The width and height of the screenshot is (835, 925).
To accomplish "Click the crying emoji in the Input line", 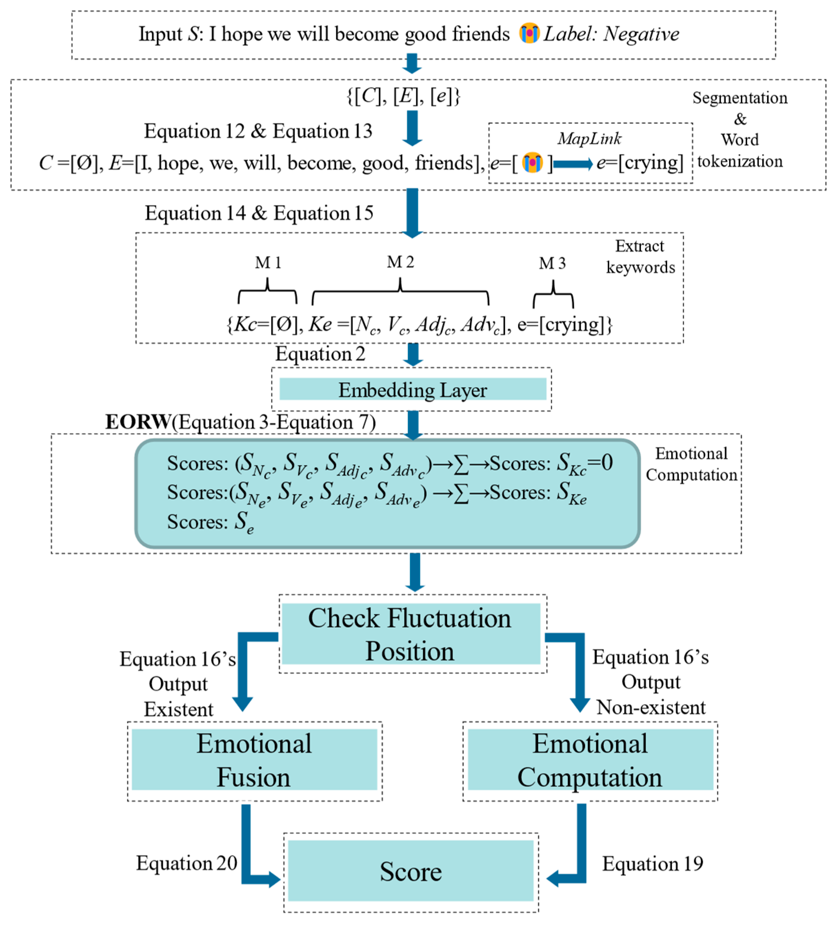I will [529, 33].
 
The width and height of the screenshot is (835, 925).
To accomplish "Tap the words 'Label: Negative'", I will [612, 34].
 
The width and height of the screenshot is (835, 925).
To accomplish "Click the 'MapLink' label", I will [590, 139].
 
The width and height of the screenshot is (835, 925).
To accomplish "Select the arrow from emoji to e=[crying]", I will [573, 164].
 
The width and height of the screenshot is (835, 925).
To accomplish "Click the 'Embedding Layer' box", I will [412, 390].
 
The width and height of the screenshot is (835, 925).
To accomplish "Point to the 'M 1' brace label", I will [268, 263].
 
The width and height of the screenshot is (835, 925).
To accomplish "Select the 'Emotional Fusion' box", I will [254, 760].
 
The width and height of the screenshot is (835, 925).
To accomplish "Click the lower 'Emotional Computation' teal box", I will [590, 760].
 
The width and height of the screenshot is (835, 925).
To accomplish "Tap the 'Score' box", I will [411, 871].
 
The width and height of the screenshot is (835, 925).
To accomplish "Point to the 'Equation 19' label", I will [652, 864].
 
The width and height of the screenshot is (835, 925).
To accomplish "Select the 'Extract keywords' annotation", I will [641, 257].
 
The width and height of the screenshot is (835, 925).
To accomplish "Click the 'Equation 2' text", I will [320, 354].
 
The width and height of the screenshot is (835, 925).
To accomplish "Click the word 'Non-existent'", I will [651, 708].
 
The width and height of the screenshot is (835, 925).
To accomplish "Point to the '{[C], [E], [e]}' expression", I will [403, 96].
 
